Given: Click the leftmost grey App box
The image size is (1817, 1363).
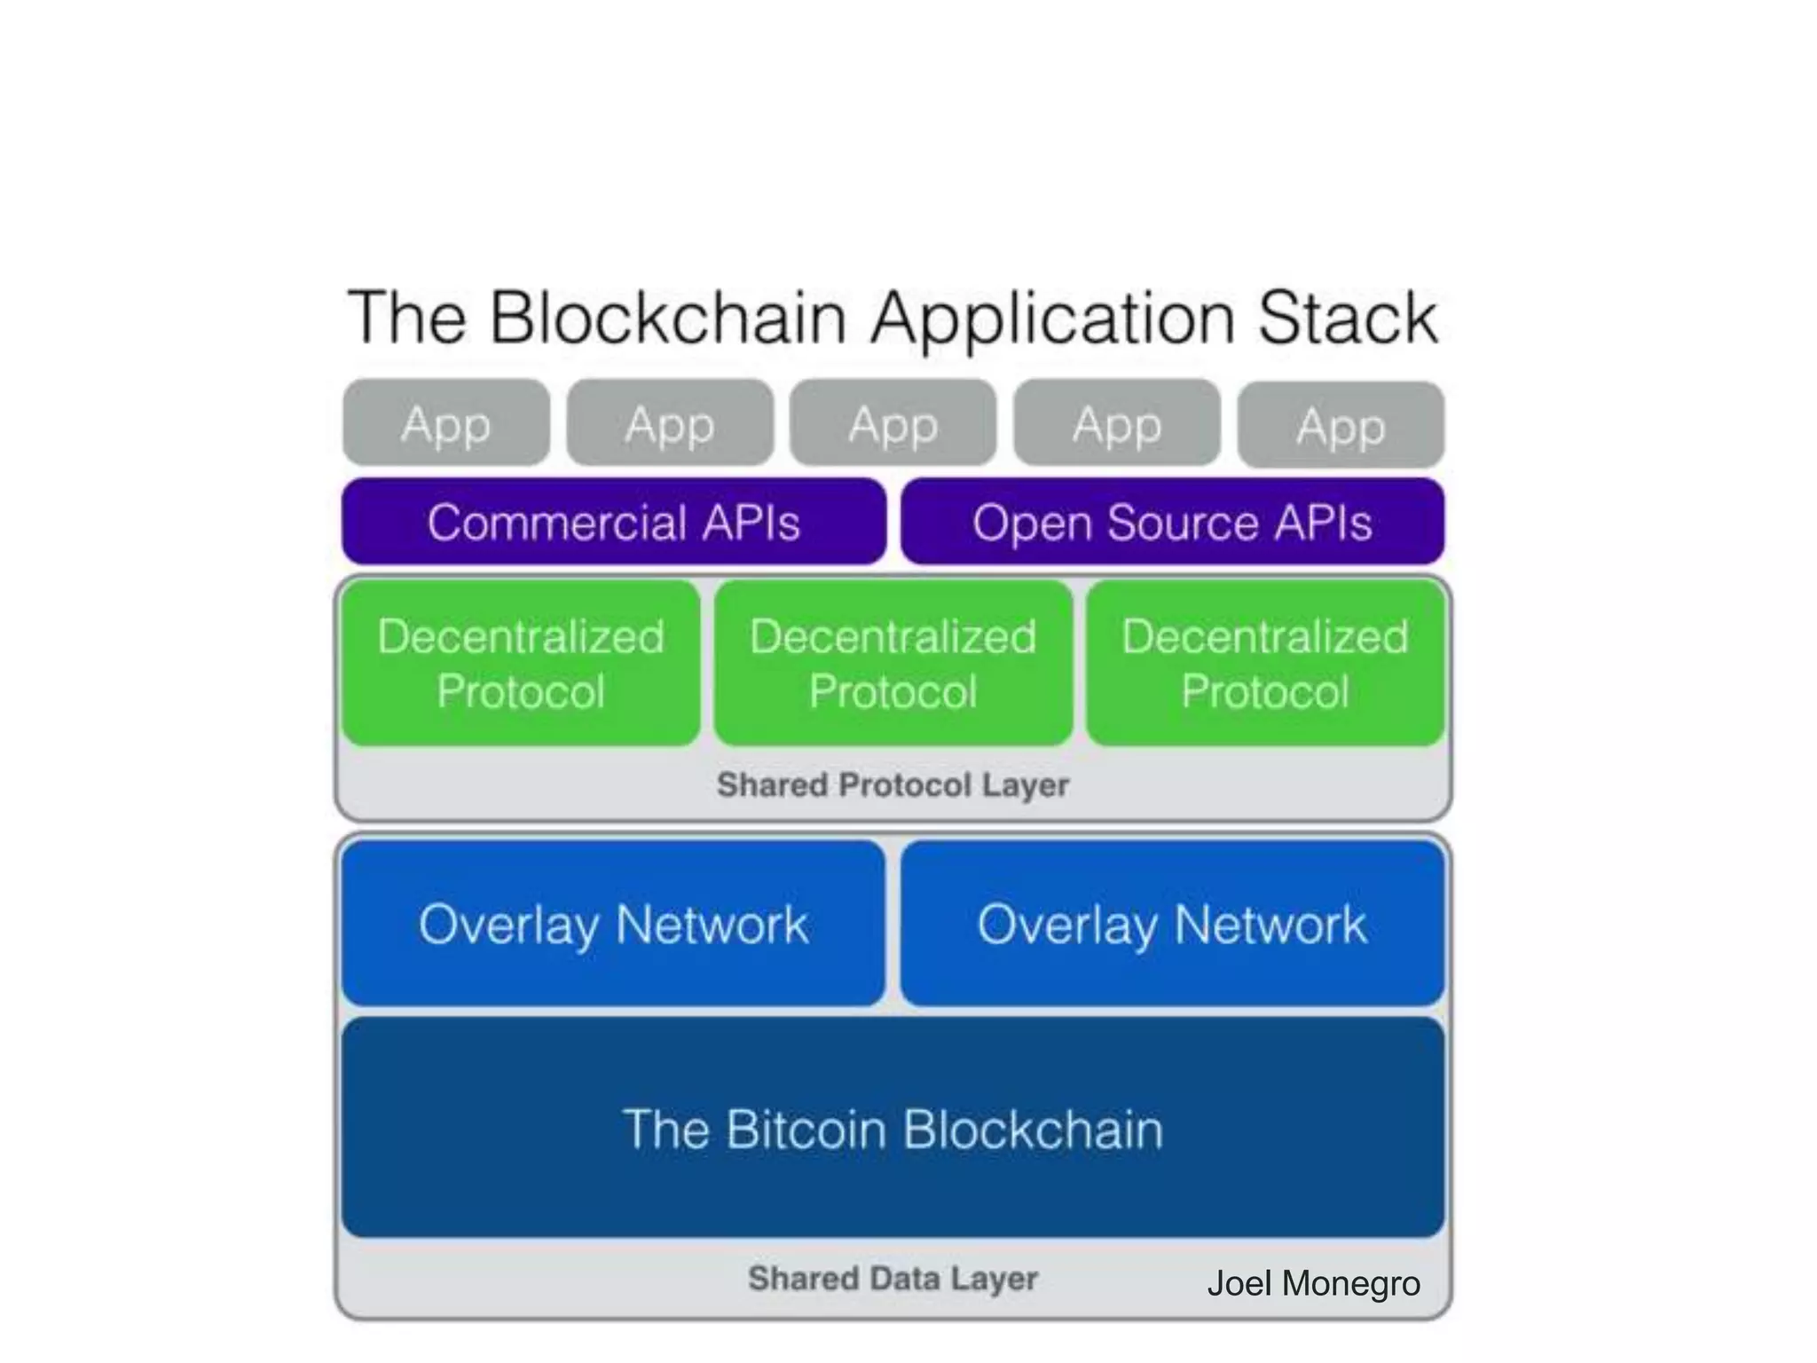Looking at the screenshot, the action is pos(446,422).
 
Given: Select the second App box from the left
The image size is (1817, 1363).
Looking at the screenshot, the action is pos(670,422).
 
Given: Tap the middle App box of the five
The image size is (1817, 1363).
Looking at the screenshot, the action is pos(893,422).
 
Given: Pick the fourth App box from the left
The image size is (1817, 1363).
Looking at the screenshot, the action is pos(1117,422).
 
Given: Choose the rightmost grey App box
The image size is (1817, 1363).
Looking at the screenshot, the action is pos(1341,424).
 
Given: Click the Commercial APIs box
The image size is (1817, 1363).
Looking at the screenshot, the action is pos(614,521).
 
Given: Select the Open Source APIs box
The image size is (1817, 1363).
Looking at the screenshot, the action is pos(1172,521).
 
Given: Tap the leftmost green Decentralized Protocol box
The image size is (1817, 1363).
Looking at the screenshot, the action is pos(521,663).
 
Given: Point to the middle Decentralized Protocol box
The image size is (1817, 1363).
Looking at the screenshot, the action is pos(893,663).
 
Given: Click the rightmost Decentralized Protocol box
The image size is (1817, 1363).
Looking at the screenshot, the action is pos(1265,663).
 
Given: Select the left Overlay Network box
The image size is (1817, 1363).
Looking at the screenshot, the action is pos(614,923).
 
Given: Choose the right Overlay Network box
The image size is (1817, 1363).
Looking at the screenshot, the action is pos(1172,923).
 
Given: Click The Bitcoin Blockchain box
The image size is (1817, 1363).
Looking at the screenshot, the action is pos(893,1127).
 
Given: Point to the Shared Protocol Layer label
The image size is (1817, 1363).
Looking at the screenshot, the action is pos(893,785).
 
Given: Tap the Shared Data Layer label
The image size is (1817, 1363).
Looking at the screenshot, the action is pos(893,1279).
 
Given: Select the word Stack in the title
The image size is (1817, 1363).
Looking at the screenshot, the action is pos(1348,317).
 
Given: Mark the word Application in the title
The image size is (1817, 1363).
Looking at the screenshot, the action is pos(1053,321).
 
